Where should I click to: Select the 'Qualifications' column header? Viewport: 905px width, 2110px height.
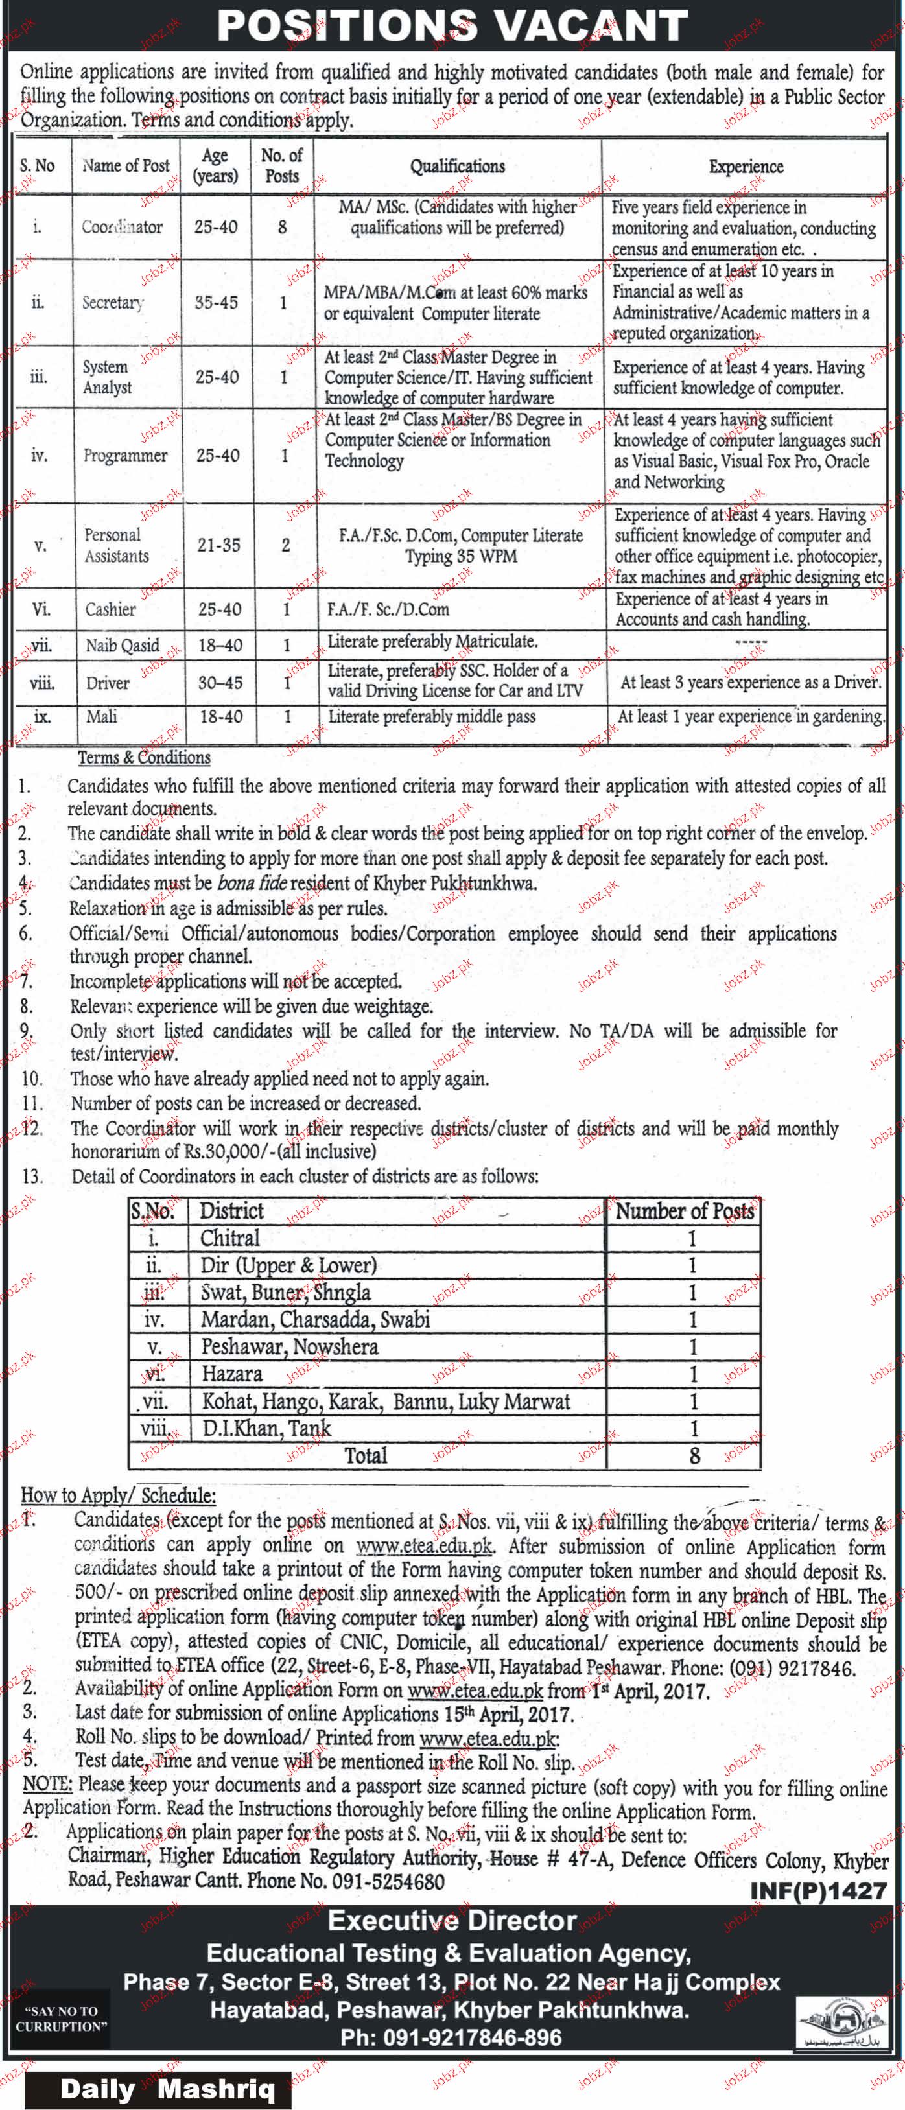(x=457, y=167)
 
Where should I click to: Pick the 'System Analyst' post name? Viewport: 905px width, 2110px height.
(x=106, y=378)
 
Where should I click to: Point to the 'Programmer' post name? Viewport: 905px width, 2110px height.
(x=125, y=456)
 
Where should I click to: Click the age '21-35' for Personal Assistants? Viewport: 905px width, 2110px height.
(x=218, y=546)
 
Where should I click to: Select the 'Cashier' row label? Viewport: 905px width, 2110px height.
(x=111, y=609)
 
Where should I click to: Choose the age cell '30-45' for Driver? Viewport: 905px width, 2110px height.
(x=220, y=683)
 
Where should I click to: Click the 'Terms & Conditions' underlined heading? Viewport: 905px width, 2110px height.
(x=144, y=758)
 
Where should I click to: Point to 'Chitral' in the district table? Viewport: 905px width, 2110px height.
(x=230, y=1239)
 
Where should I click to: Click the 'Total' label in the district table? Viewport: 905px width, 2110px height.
(x=365, y=1455)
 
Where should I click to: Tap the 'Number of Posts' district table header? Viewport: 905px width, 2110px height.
(x=685, y=1212)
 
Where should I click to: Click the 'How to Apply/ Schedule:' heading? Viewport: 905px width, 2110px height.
(x=118, y=1495)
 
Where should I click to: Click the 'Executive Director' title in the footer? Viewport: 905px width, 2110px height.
(x=452, y=1921)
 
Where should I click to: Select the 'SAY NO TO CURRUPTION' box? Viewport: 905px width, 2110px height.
(x=60, y=2018)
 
